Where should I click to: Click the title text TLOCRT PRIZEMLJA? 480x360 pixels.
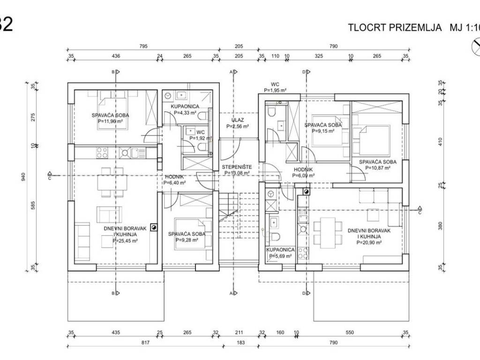[x=395, y=27]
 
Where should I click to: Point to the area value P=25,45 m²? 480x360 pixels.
[x=125, y=240]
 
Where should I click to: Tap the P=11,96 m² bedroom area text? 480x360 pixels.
[x=111, y=121]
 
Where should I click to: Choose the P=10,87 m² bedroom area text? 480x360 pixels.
[x=377, y=168]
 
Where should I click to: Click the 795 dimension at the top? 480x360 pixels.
[x=143, y=46]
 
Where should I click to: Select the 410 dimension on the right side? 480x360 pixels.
[x=440, y=142]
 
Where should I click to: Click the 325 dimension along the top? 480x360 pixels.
[x=318, y=56]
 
